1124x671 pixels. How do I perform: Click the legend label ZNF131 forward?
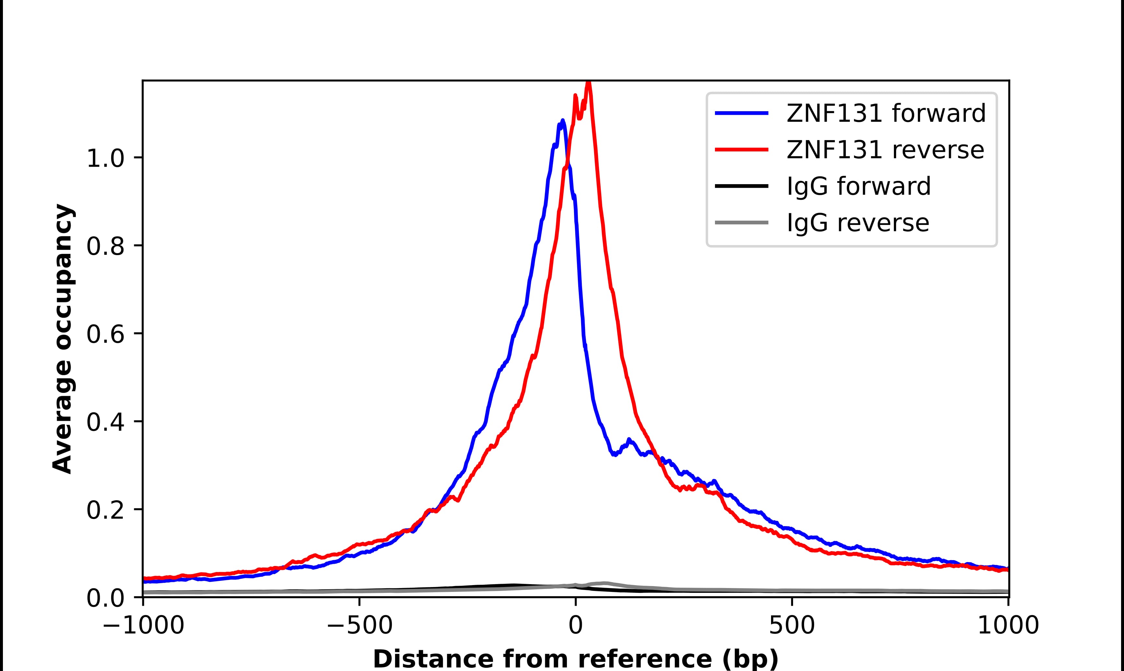(886, 113)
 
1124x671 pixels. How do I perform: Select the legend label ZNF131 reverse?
(885, 150)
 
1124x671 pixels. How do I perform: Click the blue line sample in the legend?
(742, 113)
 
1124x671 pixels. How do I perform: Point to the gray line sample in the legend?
(742, 222)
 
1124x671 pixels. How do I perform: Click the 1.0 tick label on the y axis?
(105, 159)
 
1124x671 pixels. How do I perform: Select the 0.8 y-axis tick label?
(105, 247)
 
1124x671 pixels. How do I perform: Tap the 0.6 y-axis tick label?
(105, 335)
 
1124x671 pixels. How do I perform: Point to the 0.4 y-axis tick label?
(105, 423)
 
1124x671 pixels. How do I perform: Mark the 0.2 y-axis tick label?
(105, 511)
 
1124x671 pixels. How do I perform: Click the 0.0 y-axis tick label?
(105, 599)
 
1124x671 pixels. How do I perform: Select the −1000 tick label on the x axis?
(143, 626)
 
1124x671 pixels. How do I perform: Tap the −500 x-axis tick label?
(359, 626)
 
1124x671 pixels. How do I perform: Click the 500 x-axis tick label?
(792, 626)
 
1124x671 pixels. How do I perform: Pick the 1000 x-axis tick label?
(1008, 626)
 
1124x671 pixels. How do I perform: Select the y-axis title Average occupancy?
(62, 339)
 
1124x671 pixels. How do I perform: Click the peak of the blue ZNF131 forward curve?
(563, 120)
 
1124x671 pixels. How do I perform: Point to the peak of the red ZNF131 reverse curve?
(589, 82)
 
